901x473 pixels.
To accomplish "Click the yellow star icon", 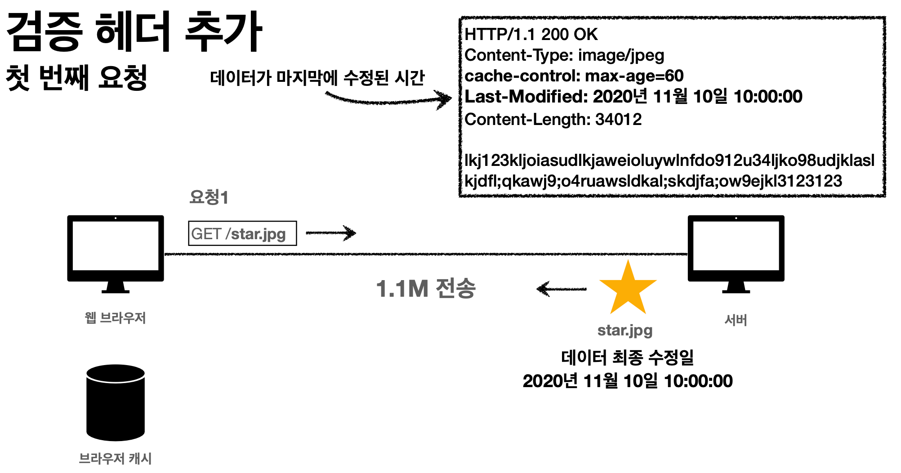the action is pos(628,290).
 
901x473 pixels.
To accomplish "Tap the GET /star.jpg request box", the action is pos(242,233).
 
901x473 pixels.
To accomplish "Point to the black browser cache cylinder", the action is pos(116,402).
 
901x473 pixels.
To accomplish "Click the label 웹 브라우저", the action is pos(116,318).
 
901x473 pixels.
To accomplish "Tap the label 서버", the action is pos(736,320).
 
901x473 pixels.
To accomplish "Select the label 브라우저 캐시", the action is pos(116,458).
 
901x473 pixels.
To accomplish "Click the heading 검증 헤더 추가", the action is pos(134,32).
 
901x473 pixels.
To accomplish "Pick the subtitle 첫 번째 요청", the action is pos(77,78).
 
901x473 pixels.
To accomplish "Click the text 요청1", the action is pos(209,197).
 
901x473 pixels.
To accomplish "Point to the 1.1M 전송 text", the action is pos(425,289).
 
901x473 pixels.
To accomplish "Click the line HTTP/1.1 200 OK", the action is pos(531,35).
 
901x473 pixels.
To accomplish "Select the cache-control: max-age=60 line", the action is pos(574,76).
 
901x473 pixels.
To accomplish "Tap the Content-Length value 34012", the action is pos(619,120).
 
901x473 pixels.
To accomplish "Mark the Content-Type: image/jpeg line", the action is pos(564,55).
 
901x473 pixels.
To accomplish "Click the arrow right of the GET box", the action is pos(331,233).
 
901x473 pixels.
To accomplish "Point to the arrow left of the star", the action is pos(562,289).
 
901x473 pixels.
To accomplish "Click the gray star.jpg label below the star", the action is pos(625,330).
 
